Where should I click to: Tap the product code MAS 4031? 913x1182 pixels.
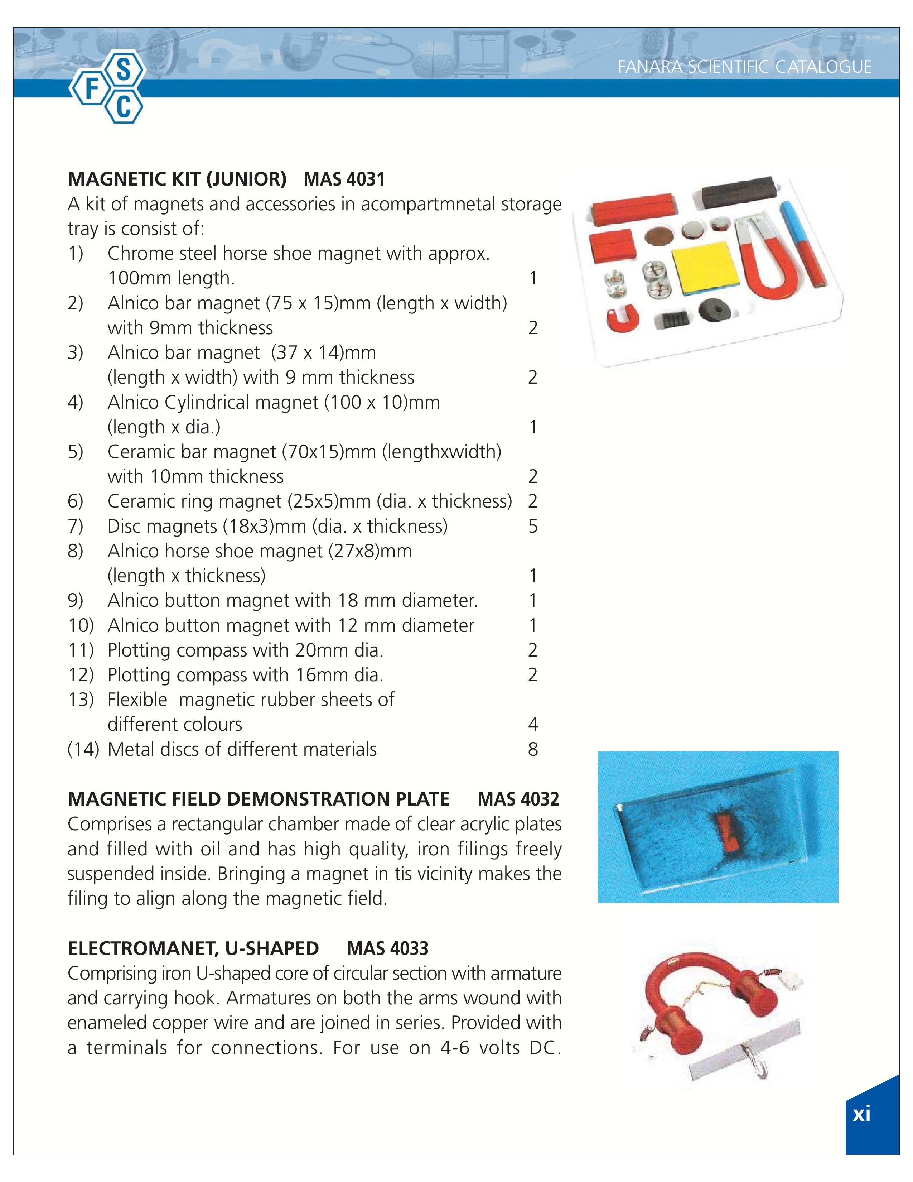point(344,179)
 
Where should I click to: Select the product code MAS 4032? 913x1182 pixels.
point(518,799)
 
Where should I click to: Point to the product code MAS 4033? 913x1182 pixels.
point(387,949)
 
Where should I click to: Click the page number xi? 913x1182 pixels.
point(861,1114)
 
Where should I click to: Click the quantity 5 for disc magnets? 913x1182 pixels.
point(533,526)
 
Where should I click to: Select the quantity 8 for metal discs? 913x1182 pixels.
point(533,750)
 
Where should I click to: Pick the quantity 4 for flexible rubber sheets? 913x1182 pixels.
point(533,725)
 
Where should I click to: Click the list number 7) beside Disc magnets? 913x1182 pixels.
point(76,526)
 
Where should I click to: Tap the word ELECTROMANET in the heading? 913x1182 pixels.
point(135,949)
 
